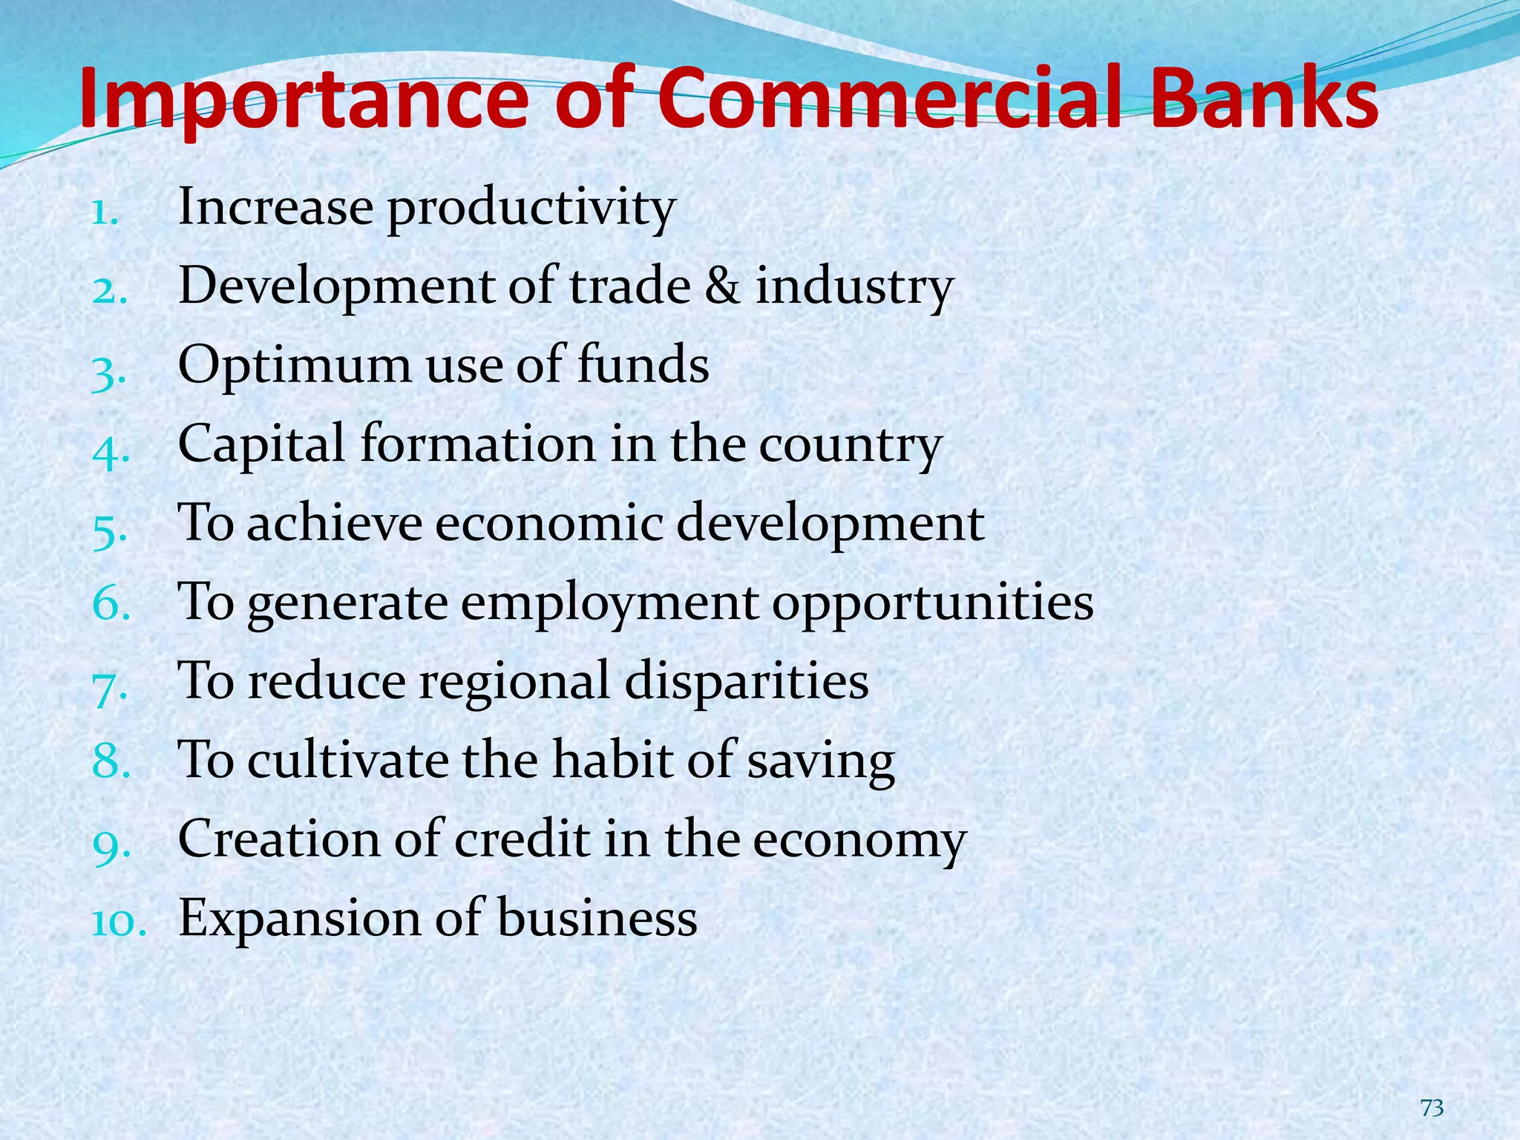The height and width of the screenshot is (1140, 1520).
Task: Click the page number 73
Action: pyautogui.click(x=1432, y=1108)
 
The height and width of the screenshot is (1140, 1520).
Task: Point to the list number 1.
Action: pyautogui.click(x=104, y=213)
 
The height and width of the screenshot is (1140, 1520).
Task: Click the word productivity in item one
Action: pyautogui.click(x=531, y=209)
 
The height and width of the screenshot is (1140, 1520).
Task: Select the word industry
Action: pyautogui.click(x=854, y=288)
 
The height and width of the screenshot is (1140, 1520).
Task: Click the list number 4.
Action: pyautogui.click(x=111, y=450)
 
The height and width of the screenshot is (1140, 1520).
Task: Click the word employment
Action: pyautogui.click(x=609, y=603)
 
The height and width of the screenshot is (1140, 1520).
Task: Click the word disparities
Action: pyautogui.click(x=746, y=681)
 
